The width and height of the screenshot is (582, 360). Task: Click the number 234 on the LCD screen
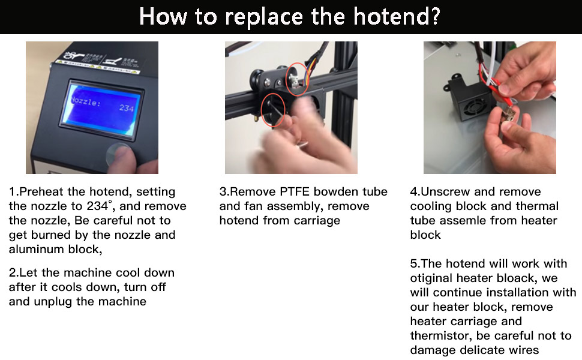tap(127, 108)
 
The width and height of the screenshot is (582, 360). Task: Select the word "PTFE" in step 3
tap(295, 192)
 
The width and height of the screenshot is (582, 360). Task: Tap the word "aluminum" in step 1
tap(35, 250)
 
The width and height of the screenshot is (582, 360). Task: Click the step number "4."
tap(415, 192)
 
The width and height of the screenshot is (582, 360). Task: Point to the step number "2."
tap(14, 273)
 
